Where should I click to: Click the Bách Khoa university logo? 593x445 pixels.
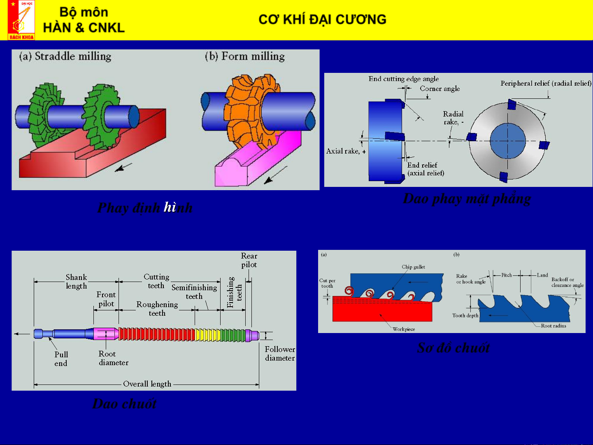(21, 20)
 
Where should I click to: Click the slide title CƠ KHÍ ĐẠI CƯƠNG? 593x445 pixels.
(322, 19)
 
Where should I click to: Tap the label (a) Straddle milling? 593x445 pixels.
(65, 56)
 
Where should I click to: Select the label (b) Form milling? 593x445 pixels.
(244, 56)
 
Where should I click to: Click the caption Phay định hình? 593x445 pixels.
(144, 207)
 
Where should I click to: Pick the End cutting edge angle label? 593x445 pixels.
(403, 79)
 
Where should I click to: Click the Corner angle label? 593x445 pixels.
(440, 89)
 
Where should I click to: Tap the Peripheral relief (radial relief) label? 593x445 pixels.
(546, 83)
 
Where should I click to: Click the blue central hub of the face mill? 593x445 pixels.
(507, 141)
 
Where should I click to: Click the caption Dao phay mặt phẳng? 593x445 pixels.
(467, 198)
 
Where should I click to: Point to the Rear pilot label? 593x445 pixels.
(249, 260)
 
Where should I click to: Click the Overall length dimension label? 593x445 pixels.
(147, 384)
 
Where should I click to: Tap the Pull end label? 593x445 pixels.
(61, 359)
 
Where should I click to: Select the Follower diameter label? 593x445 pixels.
(280, 354)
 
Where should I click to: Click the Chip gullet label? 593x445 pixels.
(413, 267)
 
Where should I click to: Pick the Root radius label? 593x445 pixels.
(553, 326)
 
